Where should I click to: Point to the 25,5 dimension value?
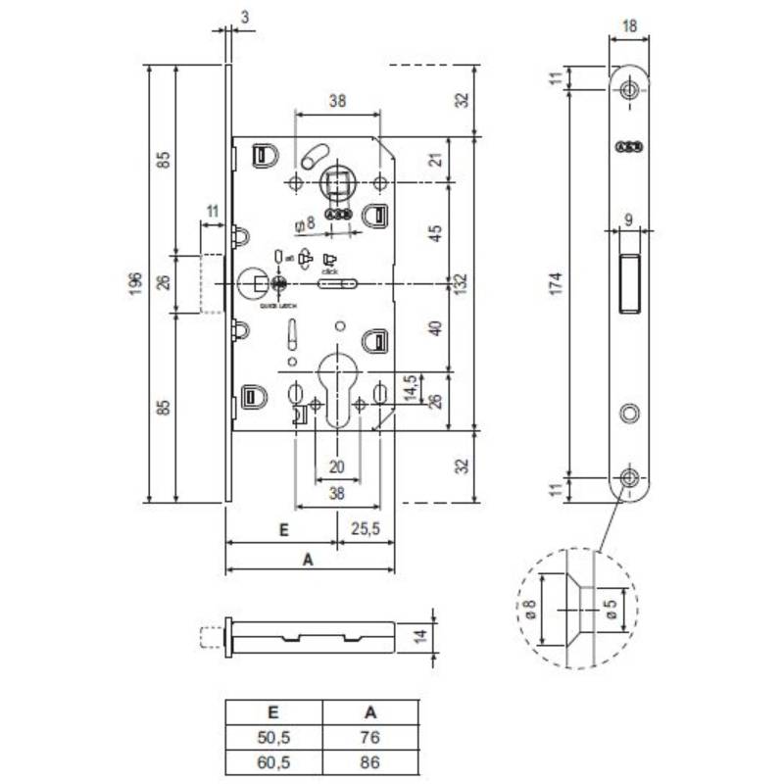pyautogui.click(x=365, y=529)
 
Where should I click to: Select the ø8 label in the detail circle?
pyautogui.click(x=530, y=610)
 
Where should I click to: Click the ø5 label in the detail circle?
pyautogui.click(x=610, y=610)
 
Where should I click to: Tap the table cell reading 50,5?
pyautogui.click(x=275, y=738)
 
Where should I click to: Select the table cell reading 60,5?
pyautogui.click(x=275, y=761)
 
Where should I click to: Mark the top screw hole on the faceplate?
pyautogui.click(x=628, y=90)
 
